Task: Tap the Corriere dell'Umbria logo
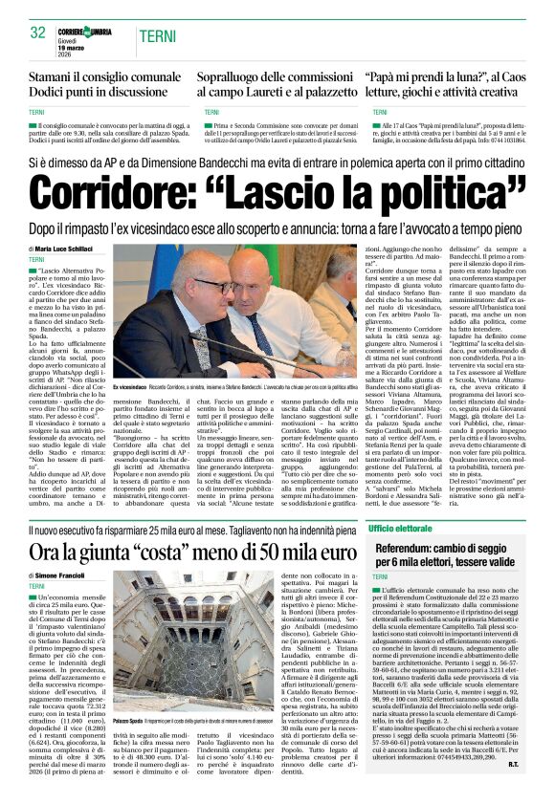(x=91, y=30)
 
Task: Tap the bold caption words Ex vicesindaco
(x=129, y=387)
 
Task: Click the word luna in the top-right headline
(x=487, y=78)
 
